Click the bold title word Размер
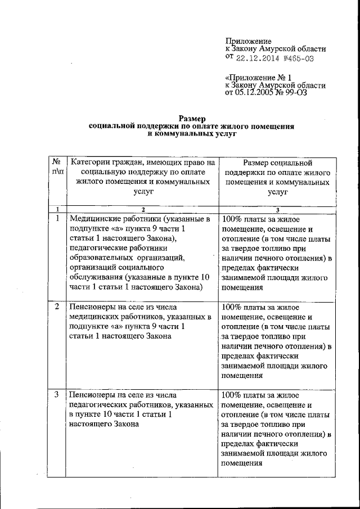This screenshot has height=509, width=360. (x=192, y=118)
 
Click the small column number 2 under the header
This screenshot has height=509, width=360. (x=142, y=209)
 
